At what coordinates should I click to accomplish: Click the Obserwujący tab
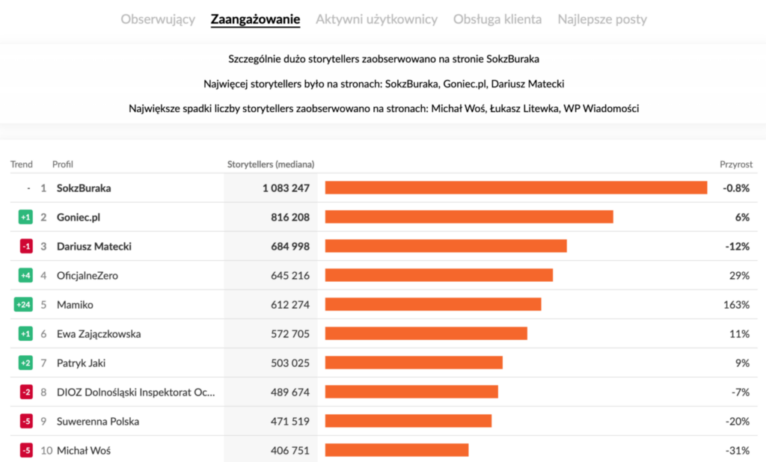[158, 19]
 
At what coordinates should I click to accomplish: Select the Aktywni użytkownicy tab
[376, 19]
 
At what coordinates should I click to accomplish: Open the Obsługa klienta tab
[497, 19]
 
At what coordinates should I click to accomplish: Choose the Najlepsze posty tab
[602, 19]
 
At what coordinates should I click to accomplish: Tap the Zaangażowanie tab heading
[255, 19]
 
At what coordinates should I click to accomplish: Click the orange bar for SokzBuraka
[516, 188]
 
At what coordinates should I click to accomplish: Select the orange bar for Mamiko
[433, 304]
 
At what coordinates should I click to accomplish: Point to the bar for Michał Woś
[396, 450]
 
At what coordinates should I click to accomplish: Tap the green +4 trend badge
[25, 275]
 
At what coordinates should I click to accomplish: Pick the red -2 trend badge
[25, 392]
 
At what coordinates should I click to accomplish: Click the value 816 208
[286, 217]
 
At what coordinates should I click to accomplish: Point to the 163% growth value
[736, 304]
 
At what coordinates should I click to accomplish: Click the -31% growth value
[737, 450]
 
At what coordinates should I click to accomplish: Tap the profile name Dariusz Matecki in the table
[94, 246]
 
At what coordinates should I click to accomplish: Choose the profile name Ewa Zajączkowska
[99, 333]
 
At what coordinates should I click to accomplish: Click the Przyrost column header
[735, 164]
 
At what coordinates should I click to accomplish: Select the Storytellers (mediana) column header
[270, 164]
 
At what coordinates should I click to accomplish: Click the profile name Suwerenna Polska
[97, 421]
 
